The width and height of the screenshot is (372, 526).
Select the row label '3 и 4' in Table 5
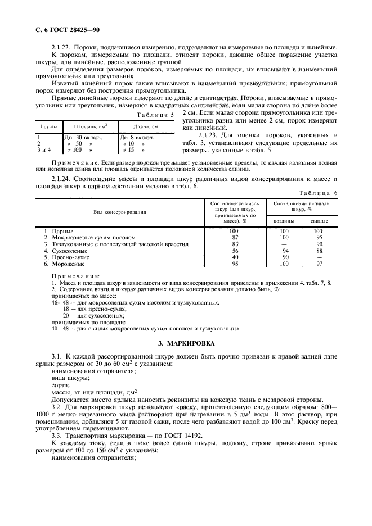click(44, 150)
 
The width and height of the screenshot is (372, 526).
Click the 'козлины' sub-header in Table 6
click(284, 221)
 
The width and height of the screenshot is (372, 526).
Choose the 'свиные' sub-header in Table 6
click(319, 221)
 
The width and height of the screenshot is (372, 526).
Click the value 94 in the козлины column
click(285, 251)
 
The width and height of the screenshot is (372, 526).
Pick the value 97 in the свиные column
click(319, 263)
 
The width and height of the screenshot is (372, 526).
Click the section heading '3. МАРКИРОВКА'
click(186, 343)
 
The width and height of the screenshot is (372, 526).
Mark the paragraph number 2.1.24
click(62, 178)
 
